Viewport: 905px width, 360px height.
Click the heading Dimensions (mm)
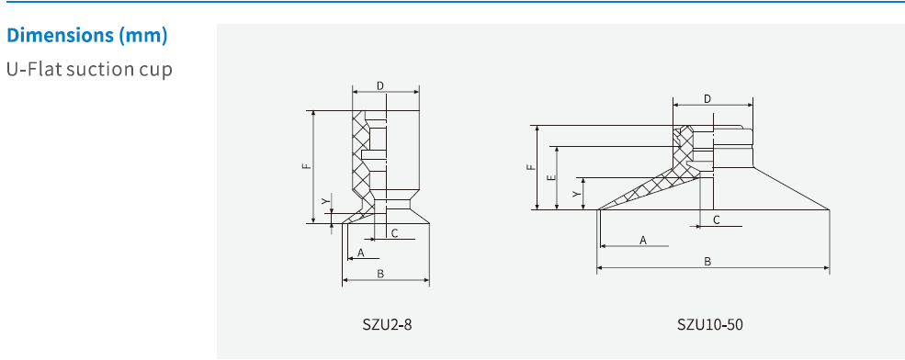[x=87, y=37]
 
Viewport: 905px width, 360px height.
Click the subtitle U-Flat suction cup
[x=89, y=70]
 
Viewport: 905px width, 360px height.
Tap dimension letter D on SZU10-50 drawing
[x=707, y=98]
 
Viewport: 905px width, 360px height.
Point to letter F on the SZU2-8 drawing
[x=305, y=166]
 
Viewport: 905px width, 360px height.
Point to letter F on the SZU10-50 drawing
[x=529, y=167]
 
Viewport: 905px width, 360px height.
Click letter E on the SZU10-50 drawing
[x=549, y=177]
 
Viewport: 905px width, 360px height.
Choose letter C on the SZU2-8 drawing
[x=394, y=233]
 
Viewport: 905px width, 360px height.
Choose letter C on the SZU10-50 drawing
[x=716, y=220]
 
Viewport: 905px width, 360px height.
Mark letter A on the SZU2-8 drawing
[x=361, y=252]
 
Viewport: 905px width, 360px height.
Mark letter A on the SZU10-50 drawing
[x=642, y=240]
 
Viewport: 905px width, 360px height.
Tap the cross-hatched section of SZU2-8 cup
[x=361, y=156]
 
